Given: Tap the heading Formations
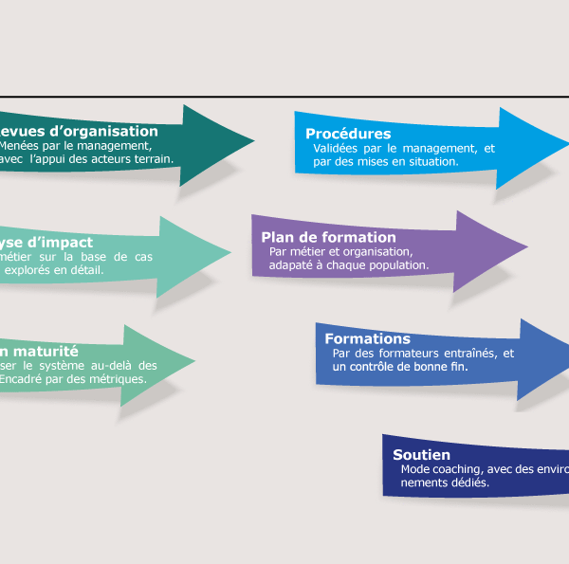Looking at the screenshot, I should pyautogui.click(x=367, y=338).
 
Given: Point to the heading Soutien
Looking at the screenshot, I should pyautogui.click(x=421, y=455).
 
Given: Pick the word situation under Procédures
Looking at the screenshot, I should pyautogui.click(x=432, y=161).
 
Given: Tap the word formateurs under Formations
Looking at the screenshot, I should pyautogui.click(x=406, y=354).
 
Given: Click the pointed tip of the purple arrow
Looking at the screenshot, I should pyautogui.click(x=527, y=247).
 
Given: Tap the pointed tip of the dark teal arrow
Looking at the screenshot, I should pyautogui.click(x=254, y=142).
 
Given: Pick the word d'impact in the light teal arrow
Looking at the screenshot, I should pyautogui.click(x=64, y=242).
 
